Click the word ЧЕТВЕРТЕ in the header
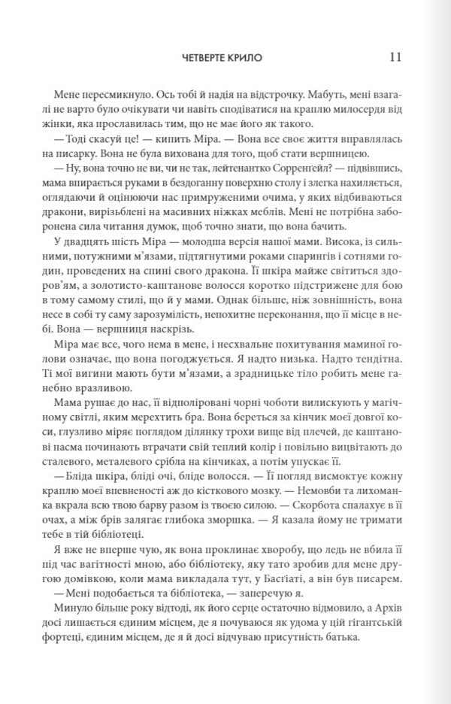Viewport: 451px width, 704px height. click(x=208, y=59)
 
